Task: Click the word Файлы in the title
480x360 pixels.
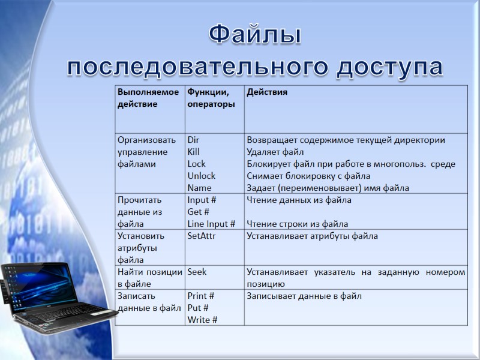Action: (x=255, y=35)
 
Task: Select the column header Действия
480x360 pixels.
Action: (x=267, y=92)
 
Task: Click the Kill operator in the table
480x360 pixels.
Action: (x=194, y=152)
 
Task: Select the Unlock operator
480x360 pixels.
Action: (x=202, y=176)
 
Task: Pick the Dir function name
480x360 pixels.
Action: (x=193, y=140)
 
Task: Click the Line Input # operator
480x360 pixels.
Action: (x=211, y=224)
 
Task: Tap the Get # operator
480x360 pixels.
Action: (x=198, y=212)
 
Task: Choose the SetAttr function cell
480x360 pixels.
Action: (x=202, y=236)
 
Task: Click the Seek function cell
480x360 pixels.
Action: (x=197, y=272)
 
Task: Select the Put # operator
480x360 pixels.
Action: (x=199, y=308)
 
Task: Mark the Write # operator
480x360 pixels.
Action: (x=202, y=320)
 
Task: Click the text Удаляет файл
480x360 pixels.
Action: (x=275, y=152)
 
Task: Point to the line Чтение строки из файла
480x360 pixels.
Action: (x=298, y=224)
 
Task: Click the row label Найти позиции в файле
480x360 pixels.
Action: (x=149, y=278)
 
